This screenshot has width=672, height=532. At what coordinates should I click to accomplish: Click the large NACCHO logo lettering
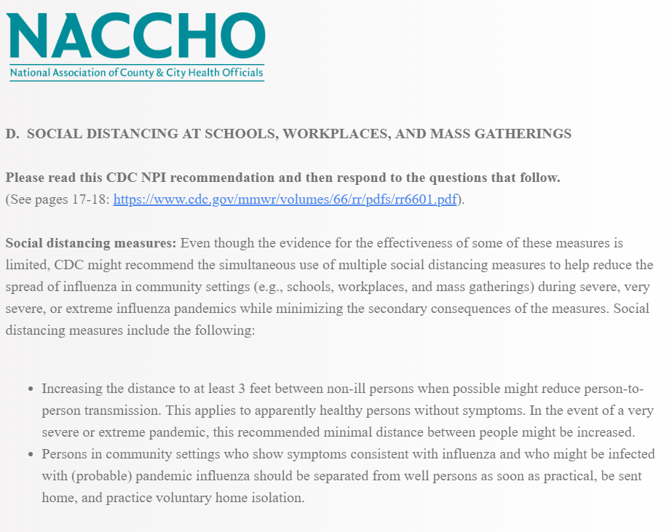[x=136, y=36]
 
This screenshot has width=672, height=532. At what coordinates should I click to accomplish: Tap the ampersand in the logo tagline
[x=159, y=74]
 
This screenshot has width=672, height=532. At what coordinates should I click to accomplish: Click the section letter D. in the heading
[x=12, y=134]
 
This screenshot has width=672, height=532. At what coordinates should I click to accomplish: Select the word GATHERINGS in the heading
[x=532, y=134]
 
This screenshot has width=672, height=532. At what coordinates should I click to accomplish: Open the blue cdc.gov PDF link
[x=285, y=199]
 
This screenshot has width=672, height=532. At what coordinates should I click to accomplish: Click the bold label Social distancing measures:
[x=91, y=242]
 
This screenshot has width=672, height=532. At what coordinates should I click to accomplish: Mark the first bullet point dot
[x=30, y=389]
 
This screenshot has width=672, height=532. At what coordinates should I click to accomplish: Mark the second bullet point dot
[x=30, y=455]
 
